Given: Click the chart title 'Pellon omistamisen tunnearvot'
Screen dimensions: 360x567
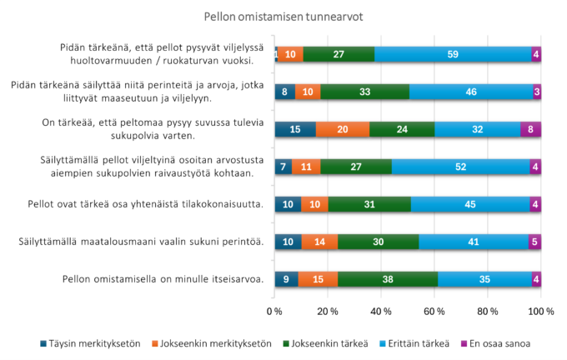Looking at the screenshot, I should tap(283, 16).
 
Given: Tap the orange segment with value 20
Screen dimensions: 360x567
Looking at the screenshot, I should tap(343, 129).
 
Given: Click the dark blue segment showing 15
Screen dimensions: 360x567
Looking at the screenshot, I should tap(295, 129).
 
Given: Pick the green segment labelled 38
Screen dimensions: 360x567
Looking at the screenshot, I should tap(387, 279).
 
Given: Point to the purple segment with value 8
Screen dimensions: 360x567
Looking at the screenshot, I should tap(530, 129).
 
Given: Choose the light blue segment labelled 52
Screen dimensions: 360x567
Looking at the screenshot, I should tap(461, 167).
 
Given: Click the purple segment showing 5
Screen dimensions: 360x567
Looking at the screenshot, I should tap(534, 242).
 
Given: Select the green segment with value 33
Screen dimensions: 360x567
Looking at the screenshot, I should tap(364, 92).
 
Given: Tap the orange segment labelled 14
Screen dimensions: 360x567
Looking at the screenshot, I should tap(319, 242).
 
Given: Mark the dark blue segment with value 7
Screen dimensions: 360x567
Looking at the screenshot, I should tap(284, 167).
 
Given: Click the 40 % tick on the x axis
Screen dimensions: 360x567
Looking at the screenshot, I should tap(381, 312).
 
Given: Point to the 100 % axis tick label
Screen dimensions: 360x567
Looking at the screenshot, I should tap(540, 312).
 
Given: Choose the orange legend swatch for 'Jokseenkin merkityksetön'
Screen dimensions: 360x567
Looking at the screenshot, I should tap(156, 342).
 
